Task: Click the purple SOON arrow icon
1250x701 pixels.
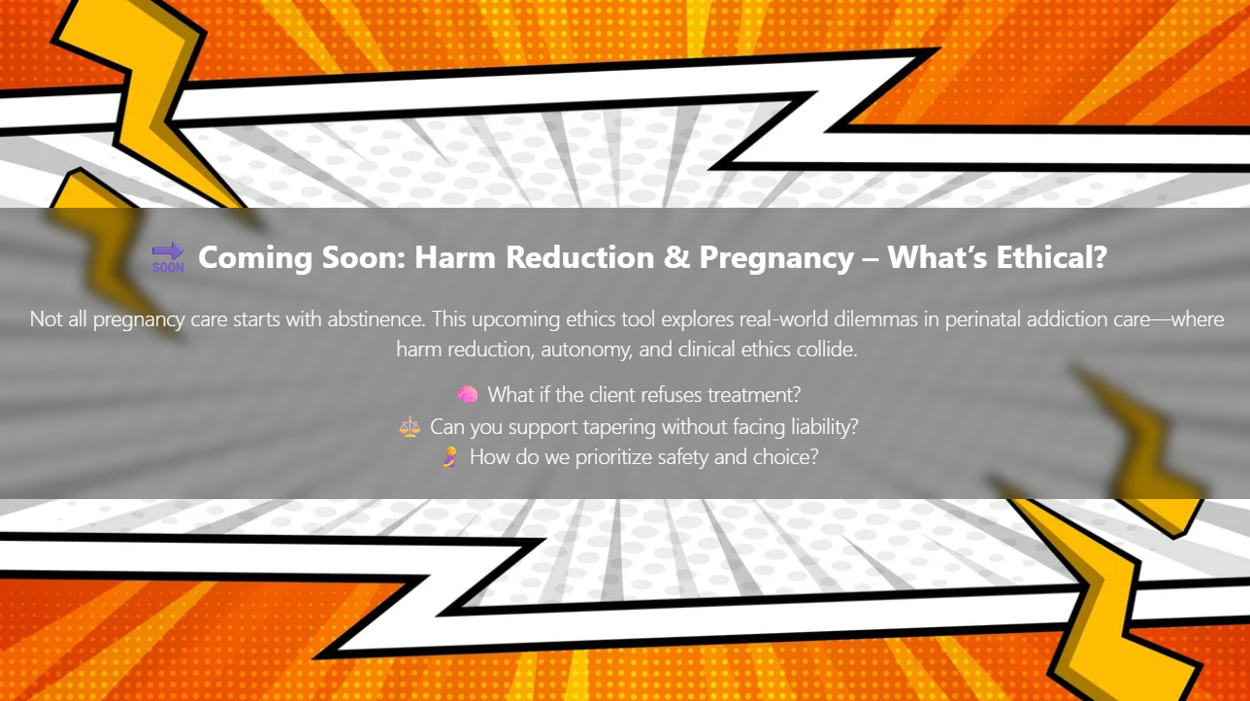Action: pos(168,257)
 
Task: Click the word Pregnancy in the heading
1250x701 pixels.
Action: pos(776,258)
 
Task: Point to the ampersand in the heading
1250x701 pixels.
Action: pos(676,257)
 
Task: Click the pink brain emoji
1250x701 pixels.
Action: pos(467,395)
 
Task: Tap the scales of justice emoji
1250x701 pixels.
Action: pos(410,427)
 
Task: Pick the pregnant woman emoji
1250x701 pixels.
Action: pos(449,457)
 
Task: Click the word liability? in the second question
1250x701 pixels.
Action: pos(825,427)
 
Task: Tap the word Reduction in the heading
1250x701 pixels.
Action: pos(580,257)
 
